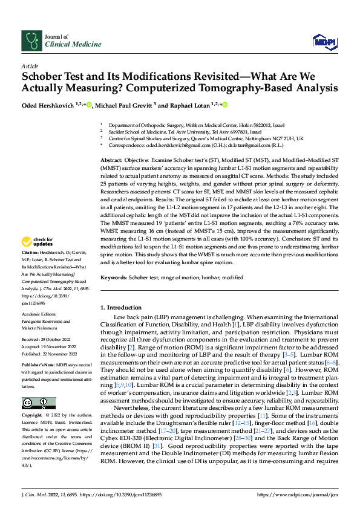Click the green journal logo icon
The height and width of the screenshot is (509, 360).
point(31,41)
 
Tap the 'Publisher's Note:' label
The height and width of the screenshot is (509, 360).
point(38,365)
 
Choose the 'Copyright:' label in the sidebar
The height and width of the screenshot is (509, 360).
point(33,416)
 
